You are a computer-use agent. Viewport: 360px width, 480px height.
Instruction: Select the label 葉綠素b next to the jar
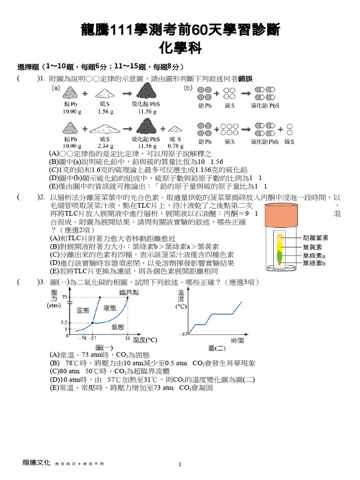point(314,263)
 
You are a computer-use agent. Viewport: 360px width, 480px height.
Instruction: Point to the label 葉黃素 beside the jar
point(312,247)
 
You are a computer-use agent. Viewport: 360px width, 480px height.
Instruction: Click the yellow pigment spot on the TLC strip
point(280,245)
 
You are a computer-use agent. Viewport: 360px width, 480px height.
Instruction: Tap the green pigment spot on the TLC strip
point(280,256)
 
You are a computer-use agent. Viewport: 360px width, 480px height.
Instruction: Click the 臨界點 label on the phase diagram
point(129,292)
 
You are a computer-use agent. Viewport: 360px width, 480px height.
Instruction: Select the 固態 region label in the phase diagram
point(82,310)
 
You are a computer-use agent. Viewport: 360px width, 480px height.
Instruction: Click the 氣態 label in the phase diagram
point(117,328)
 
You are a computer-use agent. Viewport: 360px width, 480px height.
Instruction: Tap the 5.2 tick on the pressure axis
point(64,322)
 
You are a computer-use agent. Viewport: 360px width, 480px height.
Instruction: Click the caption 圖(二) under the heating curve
point(217,348)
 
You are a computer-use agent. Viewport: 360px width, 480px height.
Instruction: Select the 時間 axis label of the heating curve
point(237,340)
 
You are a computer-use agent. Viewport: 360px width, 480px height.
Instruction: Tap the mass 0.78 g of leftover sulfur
point(175,146)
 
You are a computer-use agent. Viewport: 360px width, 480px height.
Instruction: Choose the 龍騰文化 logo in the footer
point(36,462)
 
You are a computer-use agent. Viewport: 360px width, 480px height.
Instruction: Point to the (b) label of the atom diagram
point(188,87)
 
